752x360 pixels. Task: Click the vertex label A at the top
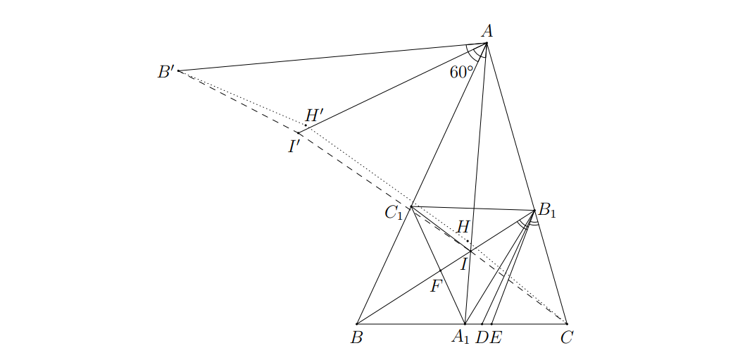point(487,31)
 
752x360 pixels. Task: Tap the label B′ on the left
point(166,72)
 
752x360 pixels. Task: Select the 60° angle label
point(462,72)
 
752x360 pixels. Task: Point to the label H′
point(315,116)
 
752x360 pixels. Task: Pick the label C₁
point(394,213)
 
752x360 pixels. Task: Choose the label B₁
point(546,210)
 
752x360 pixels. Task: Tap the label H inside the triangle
point(463,227)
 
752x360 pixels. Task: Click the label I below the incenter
point(464,264)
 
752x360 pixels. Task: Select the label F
point(436,287)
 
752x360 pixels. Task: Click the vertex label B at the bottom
point(356,338)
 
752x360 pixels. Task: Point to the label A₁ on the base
point(460,338)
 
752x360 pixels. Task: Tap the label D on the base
point(482,338)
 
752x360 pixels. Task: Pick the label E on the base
point(496,338)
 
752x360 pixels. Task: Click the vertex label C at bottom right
point(566,338)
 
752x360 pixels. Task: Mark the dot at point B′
point(178,71)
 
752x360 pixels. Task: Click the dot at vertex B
point(357,324)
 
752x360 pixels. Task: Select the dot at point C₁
point(411,207)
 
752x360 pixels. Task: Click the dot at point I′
point(299,132)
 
